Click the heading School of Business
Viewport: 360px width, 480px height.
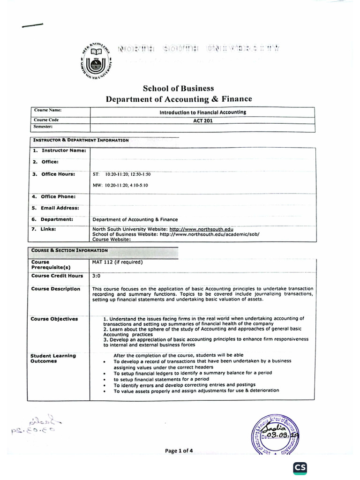coord(178,88)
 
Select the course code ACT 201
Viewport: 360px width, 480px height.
coord(202,120)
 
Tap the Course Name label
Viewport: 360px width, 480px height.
coord(48,110)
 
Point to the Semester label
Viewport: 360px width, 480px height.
coord(43,127)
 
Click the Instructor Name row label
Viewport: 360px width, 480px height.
coord(59,150)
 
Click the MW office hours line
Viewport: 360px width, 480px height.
coord(120,185)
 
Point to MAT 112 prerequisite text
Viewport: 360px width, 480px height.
coord(118,262)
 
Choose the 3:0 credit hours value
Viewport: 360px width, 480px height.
coord(97,276)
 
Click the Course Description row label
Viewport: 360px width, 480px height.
coord(56,289)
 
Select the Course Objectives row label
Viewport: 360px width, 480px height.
coord(54,319)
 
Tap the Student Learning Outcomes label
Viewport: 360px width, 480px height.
coord(53,359)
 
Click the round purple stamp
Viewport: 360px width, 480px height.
coord(275,435)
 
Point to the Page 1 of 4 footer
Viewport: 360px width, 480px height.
coord(179,451)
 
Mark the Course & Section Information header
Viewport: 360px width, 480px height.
coord(69,250)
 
